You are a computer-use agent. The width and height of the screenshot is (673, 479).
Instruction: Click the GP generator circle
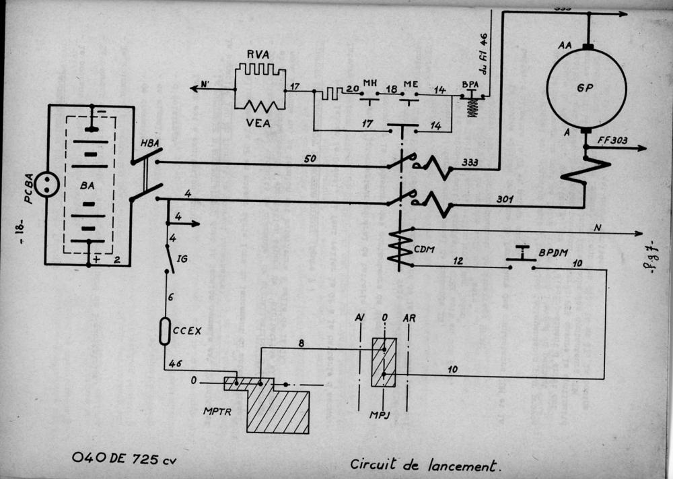[x=586, y=88]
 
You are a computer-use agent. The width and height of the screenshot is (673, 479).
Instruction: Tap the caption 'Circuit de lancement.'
[x=426, y=465]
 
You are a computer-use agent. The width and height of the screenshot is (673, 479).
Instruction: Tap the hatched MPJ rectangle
[x=383, y=362]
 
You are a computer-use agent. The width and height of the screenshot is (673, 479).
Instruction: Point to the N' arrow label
[x=205, y=86]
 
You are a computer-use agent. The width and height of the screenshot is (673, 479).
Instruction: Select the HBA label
[x=149, y=145]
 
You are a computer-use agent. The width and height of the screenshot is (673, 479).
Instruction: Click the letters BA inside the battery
[x=89, y=200]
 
